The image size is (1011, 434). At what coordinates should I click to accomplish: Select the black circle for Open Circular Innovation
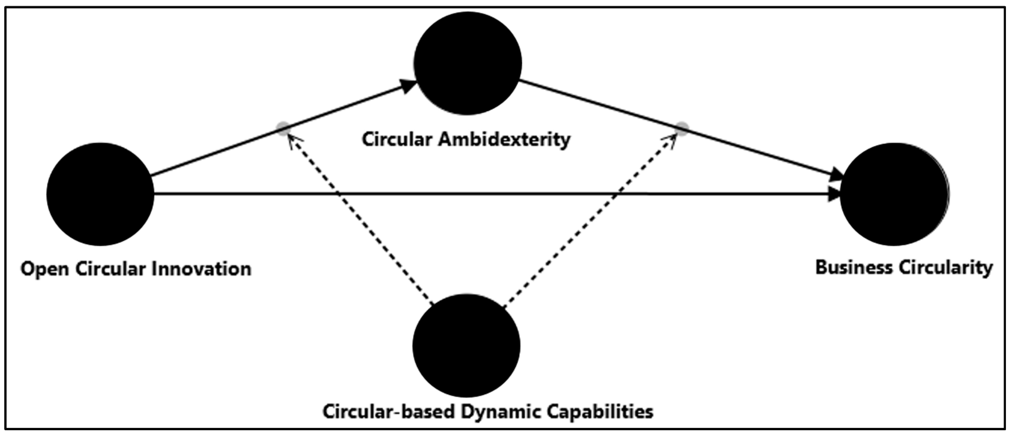pyautogui.click(x=100, y=194)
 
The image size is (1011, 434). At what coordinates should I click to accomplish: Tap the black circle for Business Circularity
pyautogui.click(x=894, y=194)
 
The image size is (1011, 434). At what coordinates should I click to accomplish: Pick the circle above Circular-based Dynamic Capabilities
pyautogui.click(x=467, y=345)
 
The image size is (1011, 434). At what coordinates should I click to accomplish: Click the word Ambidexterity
pyautogui.click(x=504, y=140)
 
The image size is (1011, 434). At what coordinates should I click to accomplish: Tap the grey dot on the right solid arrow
pyautogui.click(x=682, y=129)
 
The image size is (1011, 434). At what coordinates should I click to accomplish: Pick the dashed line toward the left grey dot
pyautogui.click(x=361, y=220)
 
